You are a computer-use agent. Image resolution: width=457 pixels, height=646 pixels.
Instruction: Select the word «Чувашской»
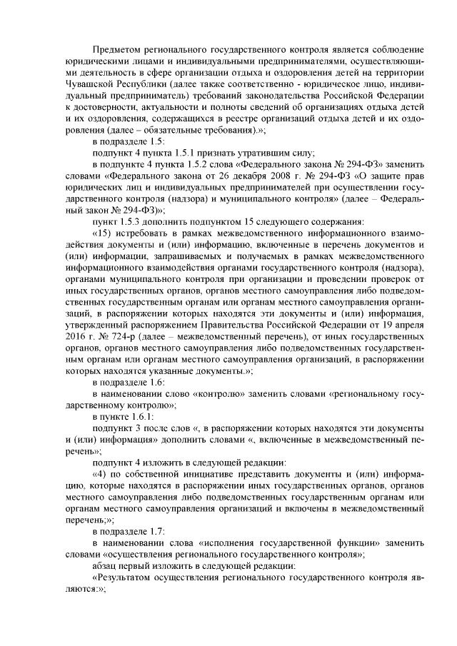point(91,84)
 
